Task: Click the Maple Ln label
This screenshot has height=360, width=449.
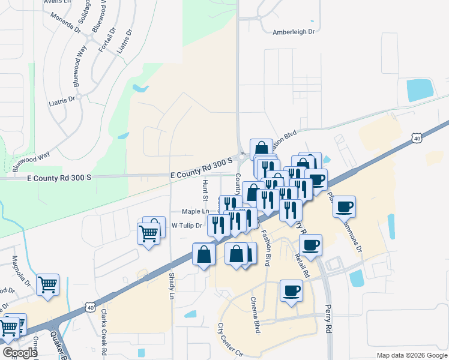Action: (196, 211)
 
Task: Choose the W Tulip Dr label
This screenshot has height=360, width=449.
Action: (187, 226)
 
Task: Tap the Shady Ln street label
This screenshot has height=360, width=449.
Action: (172, 287)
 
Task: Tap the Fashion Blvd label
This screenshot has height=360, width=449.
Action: (267, 248)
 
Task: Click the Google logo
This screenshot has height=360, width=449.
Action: (19, 353)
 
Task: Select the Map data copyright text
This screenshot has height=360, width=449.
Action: (411, 355)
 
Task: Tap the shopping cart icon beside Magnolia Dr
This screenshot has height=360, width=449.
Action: (47, 284)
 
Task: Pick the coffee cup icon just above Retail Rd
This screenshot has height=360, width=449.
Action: (310, 244)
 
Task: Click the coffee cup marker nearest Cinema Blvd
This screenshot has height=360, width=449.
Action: (291, 290)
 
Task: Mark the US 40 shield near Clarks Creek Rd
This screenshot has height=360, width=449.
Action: (89, 307)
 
